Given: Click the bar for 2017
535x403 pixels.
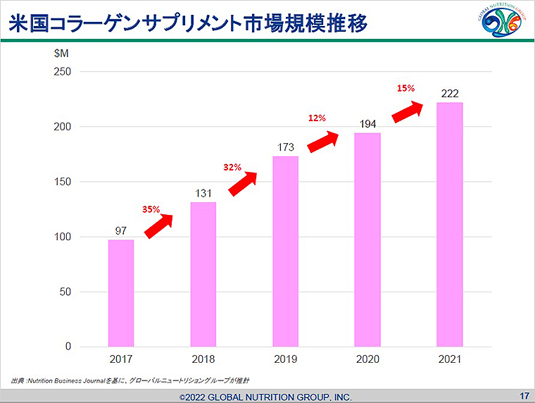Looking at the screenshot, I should click(x=121, y=292).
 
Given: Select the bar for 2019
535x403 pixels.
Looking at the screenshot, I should click(x=285, y=251).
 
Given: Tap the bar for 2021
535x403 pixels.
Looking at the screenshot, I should click(x=450, y=224).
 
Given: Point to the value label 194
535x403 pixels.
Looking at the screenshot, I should click(x=367, y=124).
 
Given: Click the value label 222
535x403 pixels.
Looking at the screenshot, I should click(x=450, y=93).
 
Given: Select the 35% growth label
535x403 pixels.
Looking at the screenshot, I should click(x=151, y=209).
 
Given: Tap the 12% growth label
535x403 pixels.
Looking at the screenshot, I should click(x=317, y=118).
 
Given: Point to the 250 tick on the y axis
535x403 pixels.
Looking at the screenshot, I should click(x=63, y=72).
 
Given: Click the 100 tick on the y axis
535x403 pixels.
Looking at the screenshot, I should click(x=63, y=237).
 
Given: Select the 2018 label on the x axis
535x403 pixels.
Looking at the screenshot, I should click(x=203, y=360).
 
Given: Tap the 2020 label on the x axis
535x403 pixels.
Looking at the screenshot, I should click(x=367, y=360).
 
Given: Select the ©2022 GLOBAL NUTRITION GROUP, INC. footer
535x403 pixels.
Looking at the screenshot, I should click(x=265, y=397).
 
